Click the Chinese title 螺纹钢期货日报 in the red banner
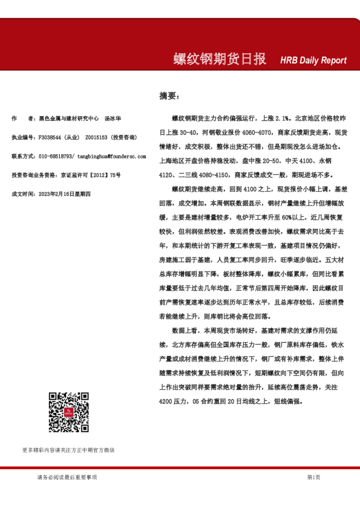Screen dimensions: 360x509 pyautogui.click(x=219, y=59)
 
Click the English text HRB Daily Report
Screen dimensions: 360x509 pyautogui.click(x=313, y=60)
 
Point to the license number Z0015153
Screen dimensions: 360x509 pyautogui.click(x=97, y=137)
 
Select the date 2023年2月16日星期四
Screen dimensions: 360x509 pyautogui.click(x=64, y=193)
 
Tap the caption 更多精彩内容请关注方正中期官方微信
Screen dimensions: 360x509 pyautogui.click(x=68, y=450)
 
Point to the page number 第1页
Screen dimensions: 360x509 pyautogui.click(x=313, y=478)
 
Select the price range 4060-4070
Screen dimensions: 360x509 pyautogui.click(x=243, y=133)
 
